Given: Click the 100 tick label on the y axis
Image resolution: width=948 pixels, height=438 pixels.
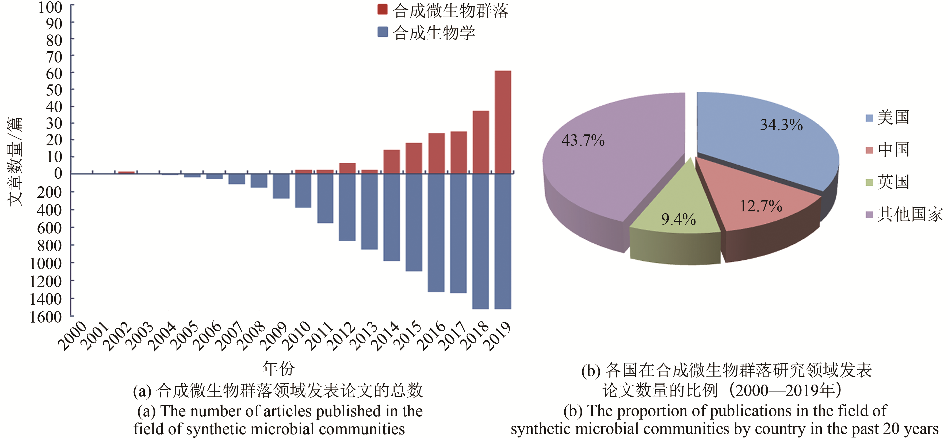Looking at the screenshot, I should point(50,7).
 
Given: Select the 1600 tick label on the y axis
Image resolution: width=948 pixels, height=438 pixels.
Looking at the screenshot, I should point(46,317).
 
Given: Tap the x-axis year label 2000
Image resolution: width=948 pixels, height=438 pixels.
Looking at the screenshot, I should point(73,335).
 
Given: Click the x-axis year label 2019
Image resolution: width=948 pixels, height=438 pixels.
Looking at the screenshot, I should point(498,336).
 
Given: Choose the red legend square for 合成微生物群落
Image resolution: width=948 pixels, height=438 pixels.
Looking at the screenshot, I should point(382,10).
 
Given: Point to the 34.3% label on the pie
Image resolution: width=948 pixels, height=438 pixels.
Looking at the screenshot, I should point(781,125).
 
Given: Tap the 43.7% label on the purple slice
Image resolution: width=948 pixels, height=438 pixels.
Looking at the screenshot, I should point(583,141).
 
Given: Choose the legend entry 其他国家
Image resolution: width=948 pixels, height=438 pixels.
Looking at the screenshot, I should point(909,214).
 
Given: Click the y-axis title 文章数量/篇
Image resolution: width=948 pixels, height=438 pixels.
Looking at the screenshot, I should point(15,162).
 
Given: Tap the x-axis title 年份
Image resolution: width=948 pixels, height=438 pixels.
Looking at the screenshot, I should point(278,368).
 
